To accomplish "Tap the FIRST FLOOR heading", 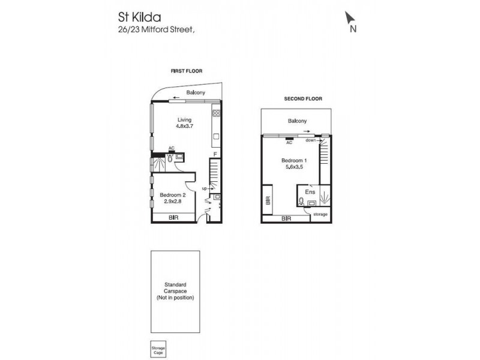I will click(x=187, y=71).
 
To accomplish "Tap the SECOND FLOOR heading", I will click(x=303, y=98).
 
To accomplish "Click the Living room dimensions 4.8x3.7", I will click(x=184, y=127).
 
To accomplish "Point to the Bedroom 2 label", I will click(x=172, y=195).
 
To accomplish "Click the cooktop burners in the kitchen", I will click(x=216, y=113).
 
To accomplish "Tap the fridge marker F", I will click(x=215, y=154).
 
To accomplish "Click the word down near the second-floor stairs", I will click(x=310, y=140).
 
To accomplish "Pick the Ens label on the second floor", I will click(x=310, y=191).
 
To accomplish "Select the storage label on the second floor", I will click(x=320, y=214).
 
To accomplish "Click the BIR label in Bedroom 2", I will click(x=173, y=217).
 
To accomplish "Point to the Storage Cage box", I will click(x=158, y=349).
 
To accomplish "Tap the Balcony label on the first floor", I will click(x=196, y=92).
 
